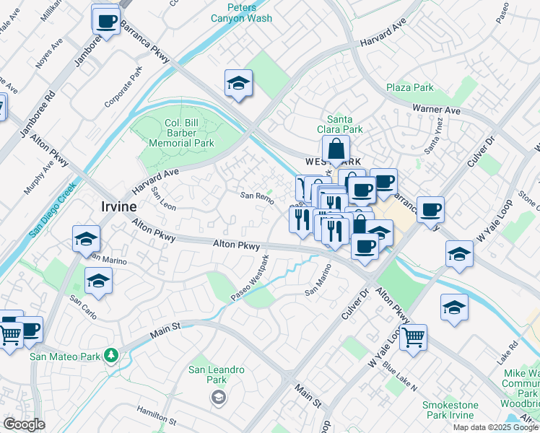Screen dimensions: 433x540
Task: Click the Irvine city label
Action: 118,208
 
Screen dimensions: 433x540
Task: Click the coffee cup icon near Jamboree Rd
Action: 106,20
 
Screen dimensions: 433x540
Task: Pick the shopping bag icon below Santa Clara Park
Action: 336,150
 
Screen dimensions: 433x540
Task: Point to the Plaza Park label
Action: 409,87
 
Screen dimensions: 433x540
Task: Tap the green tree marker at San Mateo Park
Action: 110,355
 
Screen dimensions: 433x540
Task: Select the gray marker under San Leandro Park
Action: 217,396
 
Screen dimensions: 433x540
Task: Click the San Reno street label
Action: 257,196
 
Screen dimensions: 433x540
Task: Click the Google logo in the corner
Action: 24,424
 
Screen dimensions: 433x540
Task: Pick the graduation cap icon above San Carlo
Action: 99,281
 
